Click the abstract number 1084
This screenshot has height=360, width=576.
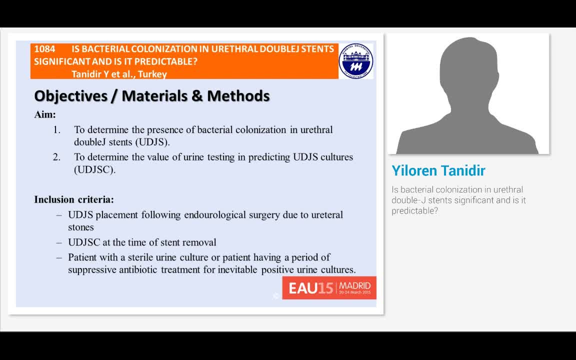coord(44,49)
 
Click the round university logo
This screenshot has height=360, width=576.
coord(356,61)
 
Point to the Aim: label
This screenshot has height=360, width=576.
coord(45,114)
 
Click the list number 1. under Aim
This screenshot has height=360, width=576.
coord(57,130)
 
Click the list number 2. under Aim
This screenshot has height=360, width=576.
coord(57,157)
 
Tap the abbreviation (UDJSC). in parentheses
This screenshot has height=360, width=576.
coord(95,169)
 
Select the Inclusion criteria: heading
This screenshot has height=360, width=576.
coord(74,199)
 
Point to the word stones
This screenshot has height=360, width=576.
coord(81,227)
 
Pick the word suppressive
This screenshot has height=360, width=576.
coord(92,270)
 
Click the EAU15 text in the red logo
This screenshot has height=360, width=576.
coord(310,288)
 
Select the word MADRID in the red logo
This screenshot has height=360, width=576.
coord(354,286)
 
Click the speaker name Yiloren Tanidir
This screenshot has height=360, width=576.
coord(438,171)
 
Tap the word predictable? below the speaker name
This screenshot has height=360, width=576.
coord(414,211)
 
